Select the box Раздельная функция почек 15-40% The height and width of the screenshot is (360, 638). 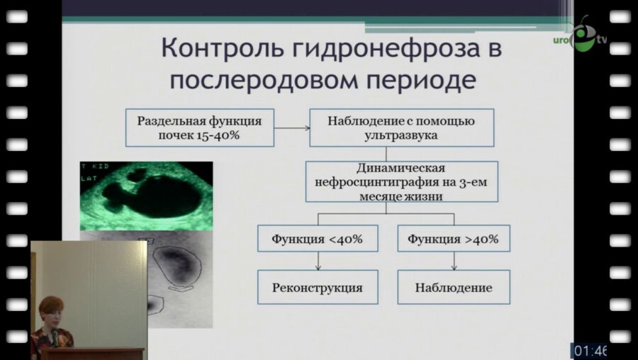(x=199, y=128)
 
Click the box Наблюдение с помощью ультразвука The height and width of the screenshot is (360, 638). (x=401, y=128)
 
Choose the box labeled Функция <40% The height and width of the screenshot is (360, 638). (x=317, y=239)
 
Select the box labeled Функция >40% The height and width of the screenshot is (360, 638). (x=453, y=239)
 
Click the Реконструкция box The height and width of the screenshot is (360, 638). (x=317, y=288)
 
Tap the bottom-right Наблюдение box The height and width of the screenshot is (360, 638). (x=453, y=288)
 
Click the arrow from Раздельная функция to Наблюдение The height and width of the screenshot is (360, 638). (x=291, y=128)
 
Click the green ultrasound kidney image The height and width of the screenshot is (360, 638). (x=146, y=196)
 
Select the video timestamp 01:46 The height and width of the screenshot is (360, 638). (x=589, y=350)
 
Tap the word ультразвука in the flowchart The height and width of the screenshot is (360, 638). (x=401, y=135)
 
